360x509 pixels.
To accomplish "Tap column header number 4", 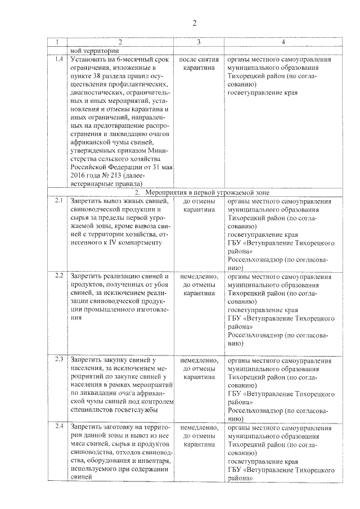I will tap(283, 43).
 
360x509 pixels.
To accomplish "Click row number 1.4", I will tap(58, 59).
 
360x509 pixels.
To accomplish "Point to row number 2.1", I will tap(58, 201).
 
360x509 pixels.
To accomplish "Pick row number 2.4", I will tap(58, 425).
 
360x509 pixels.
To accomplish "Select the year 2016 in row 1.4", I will tap(79, 174).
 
